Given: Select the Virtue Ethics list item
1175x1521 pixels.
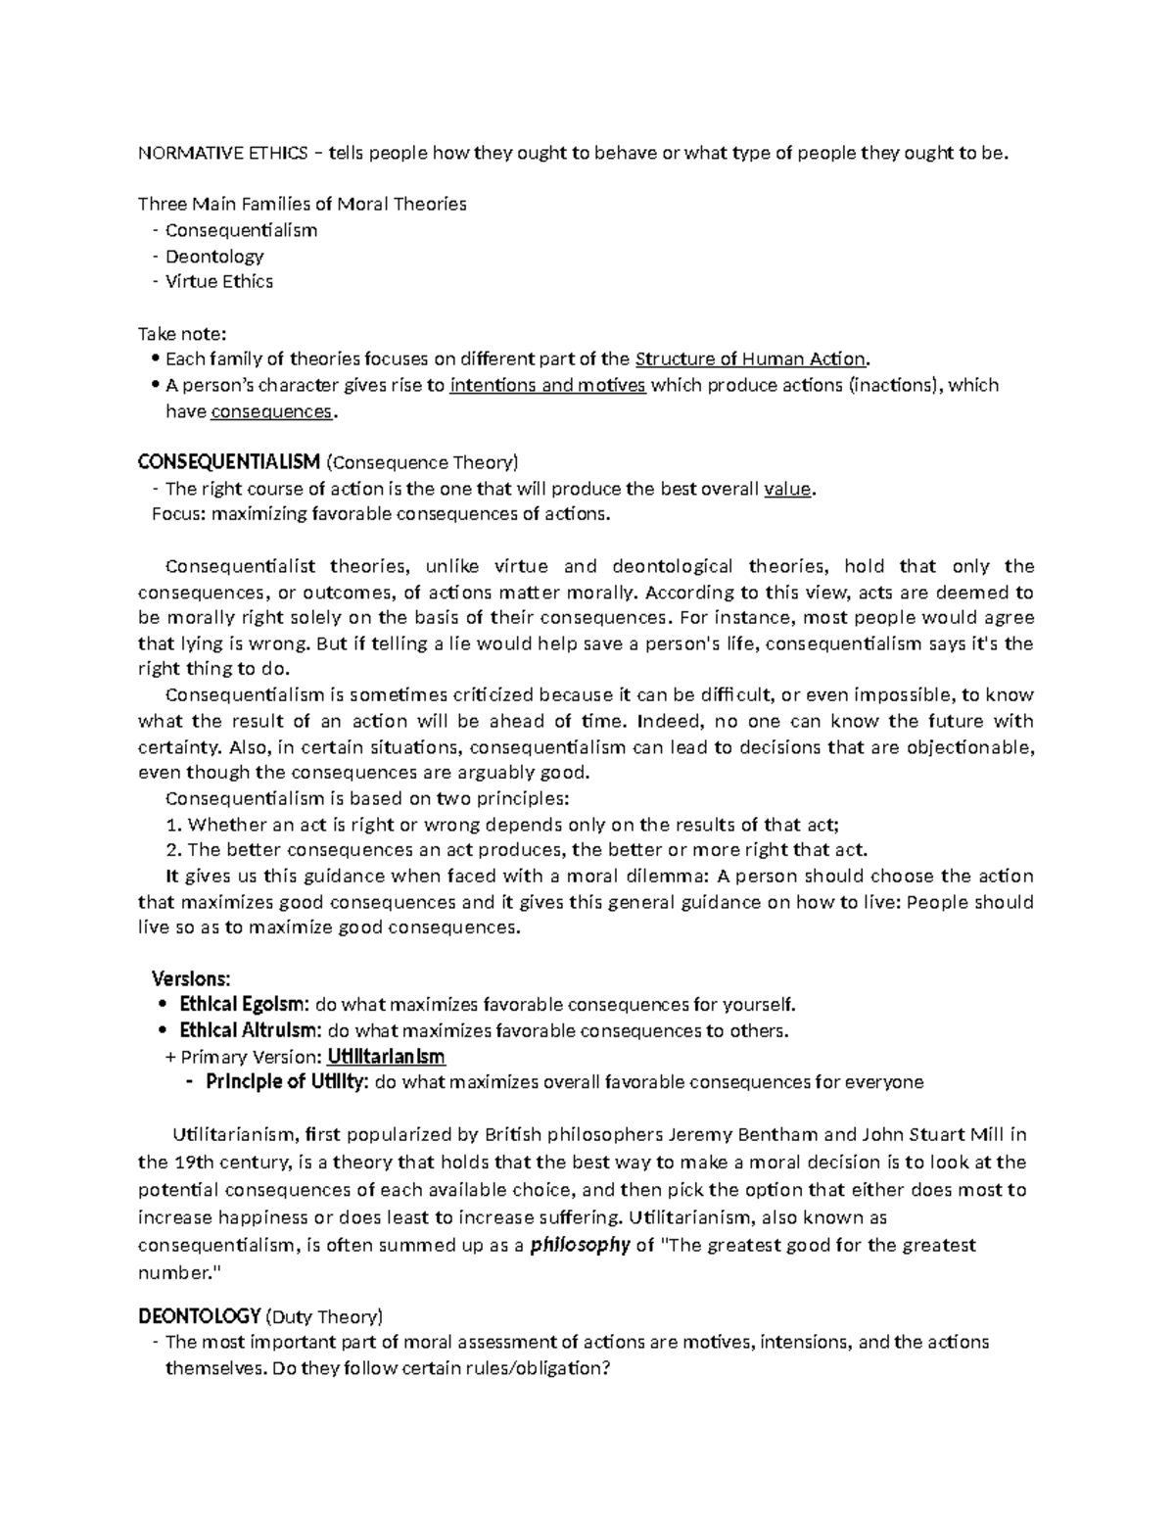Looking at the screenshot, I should tap(218, 281).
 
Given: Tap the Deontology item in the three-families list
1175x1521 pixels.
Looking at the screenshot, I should tap(213, 256).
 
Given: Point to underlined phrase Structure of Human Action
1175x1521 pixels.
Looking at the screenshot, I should tap(750, 358).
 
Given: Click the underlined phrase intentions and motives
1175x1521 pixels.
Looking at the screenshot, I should tap(547, 385).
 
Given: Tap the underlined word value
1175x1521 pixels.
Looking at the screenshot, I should tap(787, 489).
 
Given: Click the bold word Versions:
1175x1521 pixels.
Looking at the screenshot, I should tap(192, 977).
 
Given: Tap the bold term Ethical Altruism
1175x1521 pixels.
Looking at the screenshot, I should tap(250, 1030).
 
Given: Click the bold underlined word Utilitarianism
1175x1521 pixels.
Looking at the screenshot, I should tap(386, 1057).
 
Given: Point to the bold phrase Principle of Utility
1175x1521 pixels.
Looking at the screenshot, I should tap(287, 1082).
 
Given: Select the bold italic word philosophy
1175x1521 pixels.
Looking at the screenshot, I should tap(580, 1246).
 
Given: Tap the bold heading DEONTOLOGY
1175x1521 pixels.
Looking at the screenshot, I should tap(200, 1315).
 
